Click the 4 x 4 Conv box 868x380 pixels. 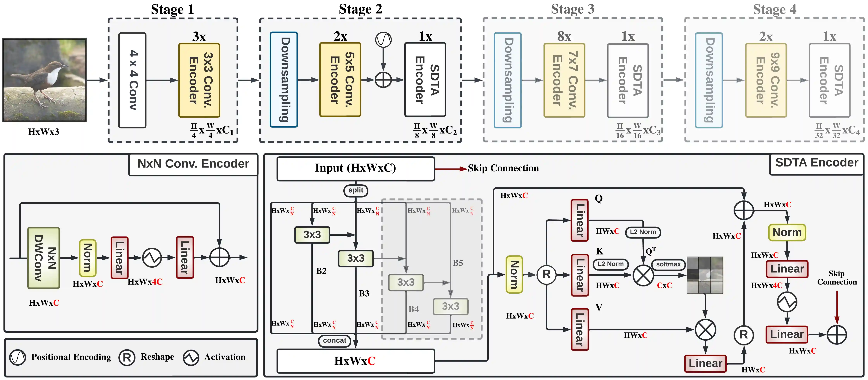click(132, 80)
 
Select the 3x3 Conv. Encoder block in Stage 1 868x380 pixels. click(199, 80)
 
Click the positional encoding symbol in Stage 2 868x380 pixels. click(384, 40)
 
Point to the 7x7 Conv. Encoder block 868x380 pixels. click(564, 80)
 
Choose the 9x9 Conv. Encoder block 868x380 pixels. click(766, 80)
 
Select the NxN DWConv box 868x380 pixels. click(44, 258)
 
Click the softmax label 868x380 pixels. click(668, 264)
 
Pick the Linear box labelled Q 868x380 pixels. click(580, 220)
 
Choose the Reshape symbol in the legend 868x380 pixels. click(127, 357)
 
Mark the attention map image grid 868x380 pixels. click(705, 275)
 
